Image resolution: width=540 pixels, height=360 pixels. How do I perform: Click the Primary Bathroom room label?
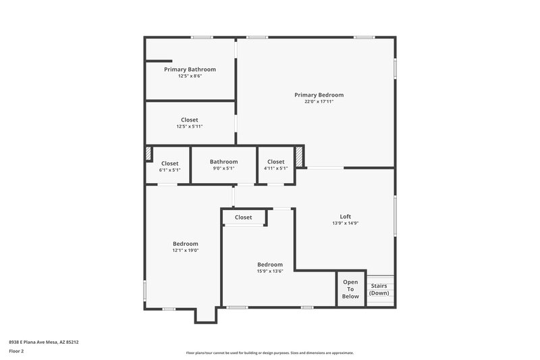190,69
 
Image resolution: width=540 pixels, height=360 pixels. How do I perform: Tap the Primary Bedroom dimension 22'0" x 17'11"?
319,101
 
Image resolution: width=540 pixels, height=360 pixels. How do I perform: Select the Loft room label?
345,216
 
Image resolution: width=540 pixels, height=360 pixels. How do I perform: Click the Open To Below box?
350,289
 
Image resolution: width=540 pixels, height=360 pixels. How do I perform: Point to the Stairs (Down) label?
379,289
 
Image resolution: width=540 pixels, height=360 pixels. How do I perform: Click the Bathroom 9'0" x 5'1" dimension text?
223,168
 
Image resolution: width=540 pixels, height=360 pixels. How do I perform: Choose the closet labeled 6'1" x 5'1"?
169,165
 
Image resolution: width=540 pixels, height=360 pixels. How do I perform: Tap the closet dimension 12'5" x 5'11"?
190,126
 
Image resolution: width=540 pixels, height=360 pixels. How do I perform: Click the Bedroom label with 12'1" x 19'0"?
185,244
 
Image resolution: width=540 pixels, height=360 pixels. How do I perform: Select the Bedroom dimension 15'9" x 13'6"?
270,271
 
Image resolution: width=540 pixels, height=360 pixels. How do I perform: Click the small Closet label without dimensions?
243,217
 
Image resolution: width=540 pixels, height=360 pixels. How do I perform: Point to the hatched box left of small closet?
148,154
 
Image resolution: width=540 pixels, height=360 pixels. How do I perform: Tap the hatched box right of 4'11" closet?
298,156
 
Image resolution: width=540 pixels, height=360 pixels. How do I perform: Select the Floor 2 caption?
17,351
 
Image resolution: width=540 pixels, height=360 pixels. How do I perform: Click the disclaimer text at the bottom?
270,353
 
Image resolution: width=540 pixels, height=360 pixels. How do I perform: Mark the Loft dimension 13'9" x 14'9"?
345,223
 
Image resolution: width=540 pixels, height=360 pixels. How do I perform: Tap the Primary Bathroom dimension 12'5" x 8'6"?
190,76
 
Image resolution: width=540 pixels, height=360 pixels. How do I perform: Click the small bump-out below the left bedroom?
205,315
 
